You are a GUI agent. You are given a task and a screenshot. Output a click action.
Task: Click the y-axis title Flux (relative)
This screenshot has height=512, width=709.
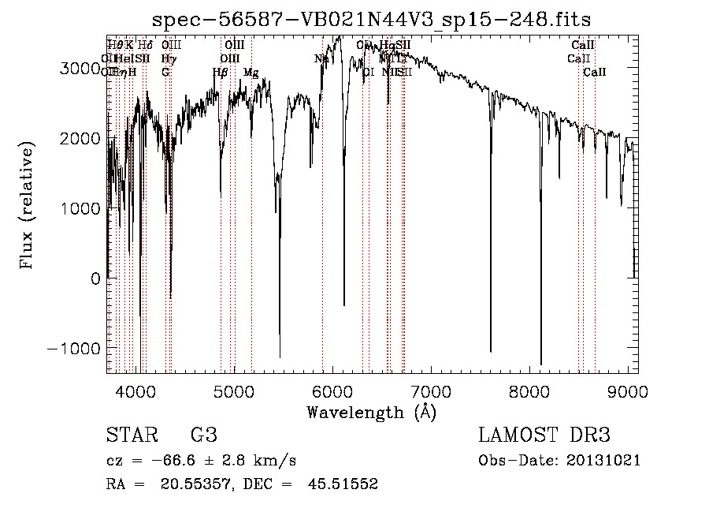point(28,205)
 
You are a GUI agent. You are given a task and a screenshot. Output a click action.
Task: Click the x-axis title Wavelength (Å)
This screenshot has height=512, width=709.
point(371,412)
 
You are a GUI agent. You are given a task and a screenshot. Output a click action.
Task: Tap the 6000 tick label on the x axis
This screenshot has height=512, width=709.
point(332,391)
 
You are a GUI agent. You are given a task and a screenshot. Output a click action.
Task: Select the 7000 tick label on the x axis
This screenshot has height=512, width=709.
point(431,391)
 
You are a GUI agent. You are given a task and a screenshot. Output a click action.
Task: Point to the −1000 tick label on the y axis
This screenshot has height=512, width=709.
point(74,349)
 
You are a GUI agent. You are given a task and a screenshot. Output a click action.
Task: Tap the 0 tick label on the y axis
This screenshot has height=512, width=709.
point(95,278)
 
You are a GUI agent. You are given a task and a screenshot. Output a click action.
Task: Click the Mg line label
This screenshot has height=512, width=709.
point(251,73)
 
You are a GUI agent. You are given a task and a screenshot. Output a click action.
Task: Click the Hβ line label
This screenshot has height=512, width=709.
point(221,73)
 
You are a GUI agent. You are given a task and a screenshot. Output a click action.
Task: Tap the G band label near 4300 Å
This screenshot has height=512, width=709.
point(165,73)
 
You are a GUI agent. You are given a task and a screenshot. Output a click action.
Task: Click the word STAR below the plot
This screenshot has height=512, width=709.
point(131,435)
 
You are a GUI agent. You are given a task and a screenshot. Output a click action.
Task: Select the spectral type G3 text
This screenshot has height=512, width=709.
point(203,435)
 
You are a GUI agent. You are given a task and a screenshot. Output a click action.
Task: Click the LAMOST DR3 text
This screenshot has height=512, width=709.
point(544,435)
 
